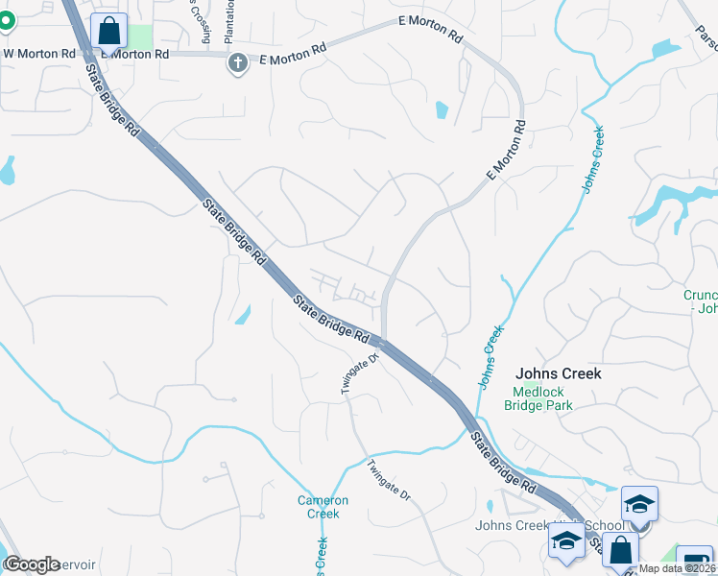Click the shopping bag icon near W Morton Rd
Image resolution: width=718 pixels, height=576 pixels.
coord(109,31)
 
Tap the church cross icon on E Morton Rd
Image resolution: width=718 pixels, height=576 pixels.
coord(237,63)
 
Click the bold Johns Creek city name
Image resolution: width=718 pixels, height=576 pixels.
coord(558,373)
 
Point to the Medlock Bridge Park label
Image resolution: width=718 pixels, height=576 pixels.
coord(538,398)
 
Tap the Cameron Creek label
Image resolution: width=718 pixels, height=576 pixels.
coord(317,507)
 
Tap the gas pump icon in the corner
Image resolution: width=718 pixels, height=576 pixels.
coord(695,563)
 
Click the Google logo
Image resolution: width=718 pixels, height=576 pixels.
coord(32,564)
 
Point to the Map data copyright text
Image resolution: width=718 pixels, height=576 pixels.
coord(677,568)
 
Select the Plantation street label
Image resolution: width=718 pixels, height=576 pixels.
coord(229,21)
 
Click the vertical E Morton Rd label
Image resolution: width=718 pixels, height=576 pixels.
coord(507,151)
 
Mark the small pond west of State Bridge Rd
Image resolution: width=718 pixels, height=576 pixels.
coord(243,314)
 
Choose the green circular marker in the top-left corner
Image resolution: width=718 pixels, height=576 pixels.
coord(4,19)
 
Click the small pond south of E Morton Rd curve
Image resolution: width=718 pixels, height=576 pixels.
coord(441,109)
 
